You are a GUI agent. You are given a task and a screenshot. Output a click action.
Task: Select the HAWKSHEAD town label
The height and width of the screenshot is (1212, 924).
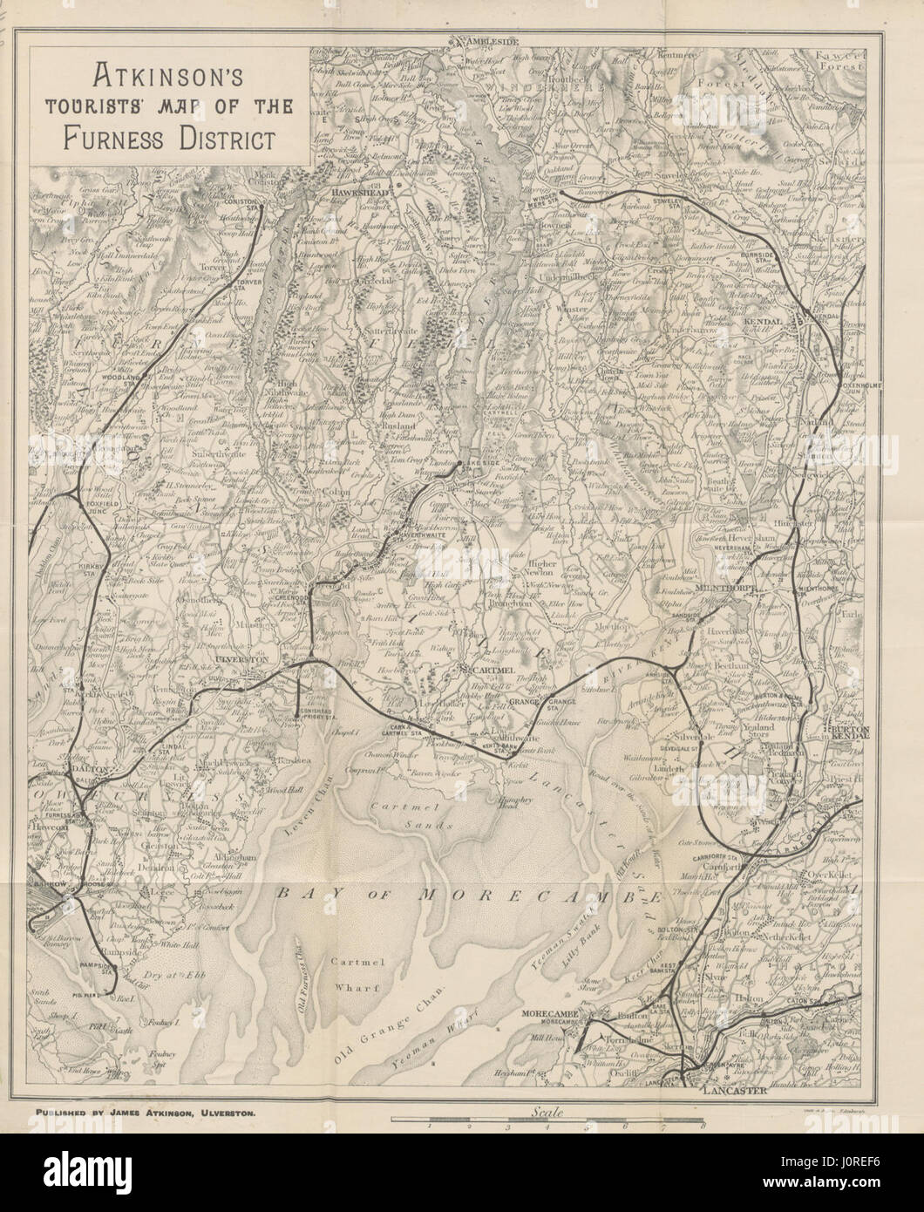[357, 188]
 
